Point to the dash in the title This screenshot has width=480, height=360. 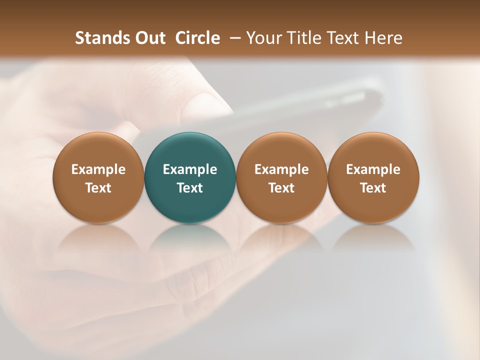[235, 37]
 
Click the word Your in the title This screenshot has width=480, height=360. [263, 38]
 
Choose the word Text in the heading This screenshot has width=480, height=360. [342, 38]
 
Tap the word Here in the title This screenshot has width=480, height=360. [383, 38]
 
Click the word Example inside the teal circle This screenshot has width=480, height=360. [190, 169]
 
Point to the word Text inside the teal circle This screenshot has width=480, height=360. [190, 188]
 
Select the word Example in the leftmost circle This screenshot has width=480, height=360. [98, 169]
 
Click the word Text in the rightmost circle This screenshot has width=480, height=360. [373, 188]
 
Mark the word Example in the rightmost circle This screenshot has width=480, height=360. [373, 169]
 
